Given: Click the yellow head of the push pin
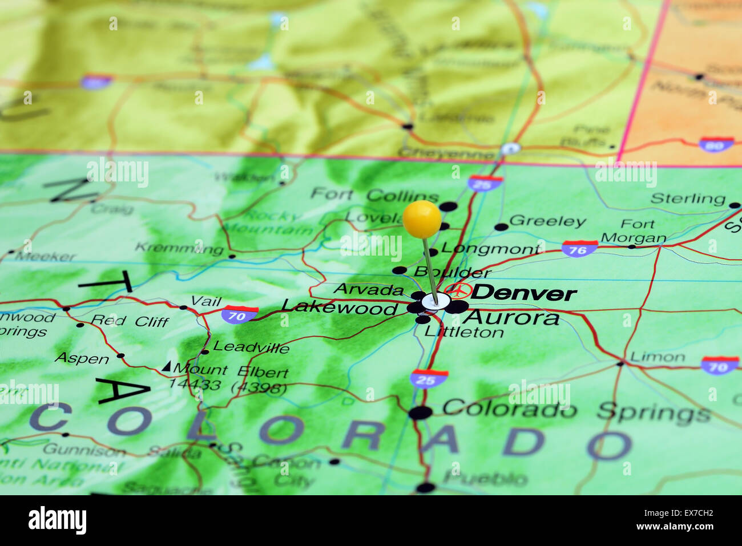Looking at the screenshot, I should click(x=422, y=219).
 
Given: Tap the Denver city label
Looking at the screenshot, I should click(x=523, y=293).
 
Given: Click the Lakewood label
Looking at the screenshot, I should click(x=339, y=308).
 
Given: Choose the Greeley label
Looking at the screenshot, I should click(x=547, y=221).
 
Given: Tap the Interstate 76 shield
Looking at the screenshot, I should click(x=579, y=249).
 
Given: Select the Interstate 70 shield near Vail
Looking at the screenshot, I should click(x=240, y=314).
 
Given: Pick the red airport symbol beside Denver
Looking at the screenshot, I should click(x=458, y=291).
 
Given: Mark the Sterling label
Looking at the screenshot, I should click(x=687, y=199).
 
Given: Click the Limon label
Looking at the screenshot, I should click(x=656, y=358).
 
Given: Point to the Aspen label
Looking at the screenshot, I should click(x=82, y=358).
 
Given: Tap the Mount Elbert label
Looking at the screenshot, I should click(x=231, y=371).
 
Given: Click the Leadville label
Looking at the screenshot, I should click(x=251, y=347).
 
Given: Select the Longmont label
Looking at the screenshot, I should click(x=490, y=249).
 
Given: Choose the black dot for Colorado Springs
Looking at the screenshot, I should click(x=421, y=412).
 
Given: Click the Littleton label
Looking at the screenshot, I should click(x=464, y=332).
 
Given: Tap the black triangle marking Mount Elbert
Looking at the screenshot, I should click(x=166, y=366).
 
